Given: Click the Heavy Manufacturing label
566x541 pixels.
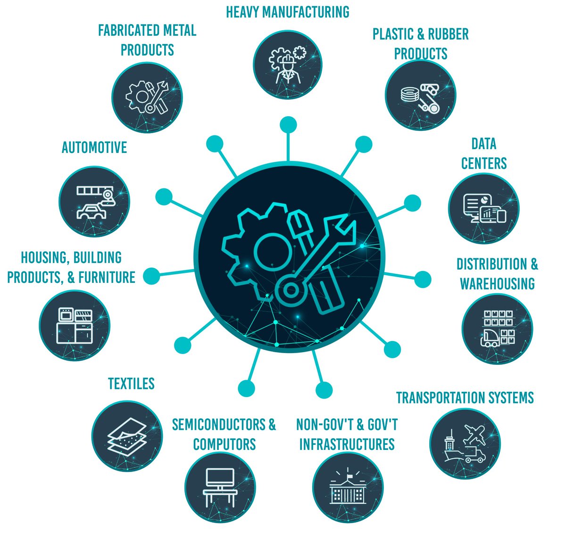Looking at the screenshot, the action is [x=288, y=12].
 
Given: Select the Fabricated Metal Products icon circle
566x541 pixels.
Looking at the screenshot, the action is [x=148, y=97].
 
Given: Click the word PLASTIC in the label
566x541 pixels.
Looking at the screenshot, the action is [x=392, y=34].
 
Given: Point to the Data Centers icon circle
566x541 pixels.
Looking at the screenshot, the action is [x=483, y=208].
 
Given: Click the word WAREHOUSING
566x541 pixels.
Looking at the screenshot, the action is [x=497, y=284].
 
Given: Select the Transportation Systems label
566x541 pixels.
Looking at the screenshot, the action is [x=465, y=397].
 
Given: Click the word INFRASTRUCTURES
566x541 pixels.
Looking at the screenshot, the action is [x=347, y=444].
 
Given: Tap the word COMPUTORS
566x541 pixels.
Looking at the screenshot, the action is [x=225, y=444].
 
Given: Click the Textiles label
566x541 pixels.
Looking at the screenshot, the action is [x=131, y=383].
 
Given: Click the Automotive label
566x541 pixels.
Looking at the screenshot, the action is [x=94, y=148].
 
